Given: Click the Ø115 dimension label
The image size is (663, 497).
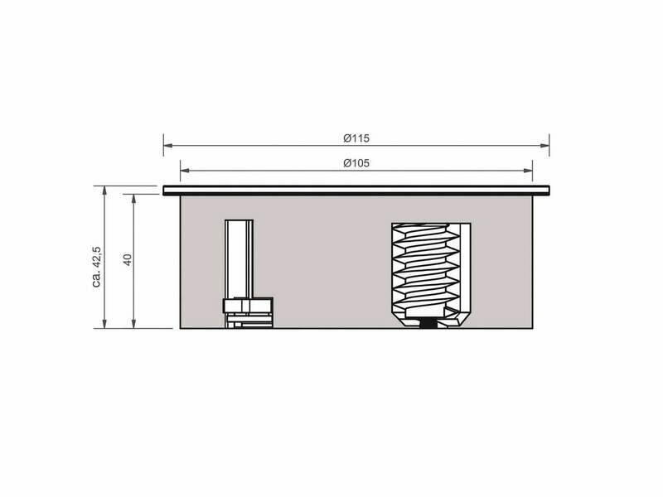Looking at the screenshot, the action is [x=356, y=138].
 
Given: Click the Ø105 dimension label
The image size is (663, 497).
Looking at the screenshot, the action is [x=356, y=163].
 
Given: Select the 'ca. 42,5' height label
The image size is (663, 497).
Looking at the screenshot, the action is [x=96, y=267].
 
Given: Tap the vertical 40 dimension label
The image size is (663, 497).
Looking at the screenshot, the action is [x=128, y=259].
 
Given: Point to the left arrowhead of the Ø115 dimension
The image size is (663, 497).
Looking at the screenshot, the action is [x=168, y=146].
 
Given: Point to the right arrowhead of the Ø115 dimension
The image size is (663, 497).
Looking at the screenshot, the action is [x=545, y=146].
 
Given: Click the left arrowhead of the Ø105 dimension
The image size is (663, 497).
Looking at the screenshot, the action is [x=185, y=171].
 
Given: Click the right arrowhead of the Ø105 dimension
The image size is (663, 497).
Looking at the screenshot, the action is [x=528, y=171].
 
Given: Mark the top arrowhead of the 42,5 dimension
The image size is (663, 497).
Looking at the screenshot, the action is [x=104, y=191].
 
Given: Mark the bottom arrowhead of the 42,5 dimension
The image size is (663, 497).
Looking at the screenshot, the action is [x=104, y=324].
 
